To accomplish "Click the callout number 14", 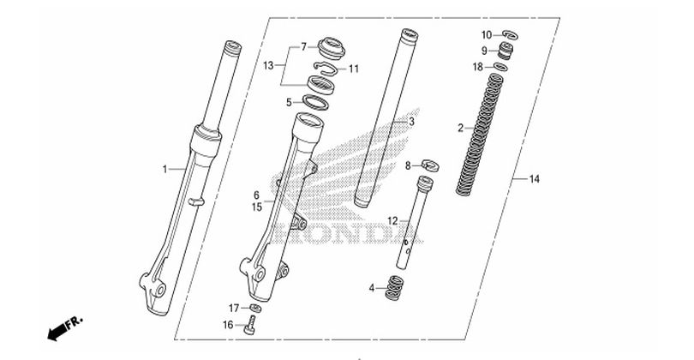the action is coord(535,179).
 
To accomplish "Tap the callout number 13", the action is coord(268,66).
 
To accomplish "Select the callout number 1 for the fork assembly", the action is coord(165,169).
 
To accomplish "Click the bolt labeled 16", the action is coord(249,325).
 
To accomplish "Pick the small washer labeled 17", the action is coord(255,309).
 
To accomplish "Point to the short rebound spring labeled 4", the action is coord(395,288).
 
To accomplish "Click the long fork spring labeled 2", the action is coord(480,135).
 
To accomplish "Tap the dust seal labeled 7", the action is coord(332,48).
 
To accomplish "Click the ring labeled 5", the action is coord(315,103).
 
